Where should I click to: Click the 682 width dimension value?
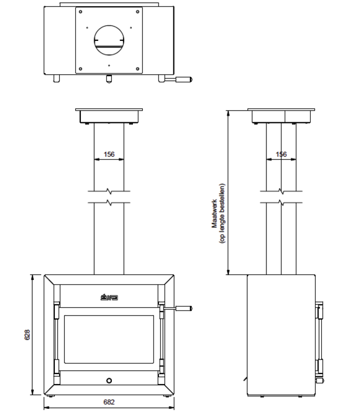(109, 402)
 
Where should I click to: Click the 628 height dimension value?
(27, 334)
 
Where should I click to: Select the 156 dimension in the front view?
(109, 154)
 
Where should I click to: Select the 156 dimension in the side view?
(281, 154)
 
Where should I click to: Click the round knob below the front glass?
(109, 380)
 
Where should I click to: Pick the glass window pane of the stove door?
(109, 341)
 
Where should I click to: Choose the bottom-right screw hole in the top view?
(137, 69)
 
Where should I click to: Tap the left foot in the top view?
(56, 79)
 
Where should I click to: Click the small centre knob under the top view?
(109, 79)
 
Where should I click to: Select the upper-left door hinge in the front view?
(55, 310)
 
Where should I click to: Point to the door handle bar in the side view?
(319, 340)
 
